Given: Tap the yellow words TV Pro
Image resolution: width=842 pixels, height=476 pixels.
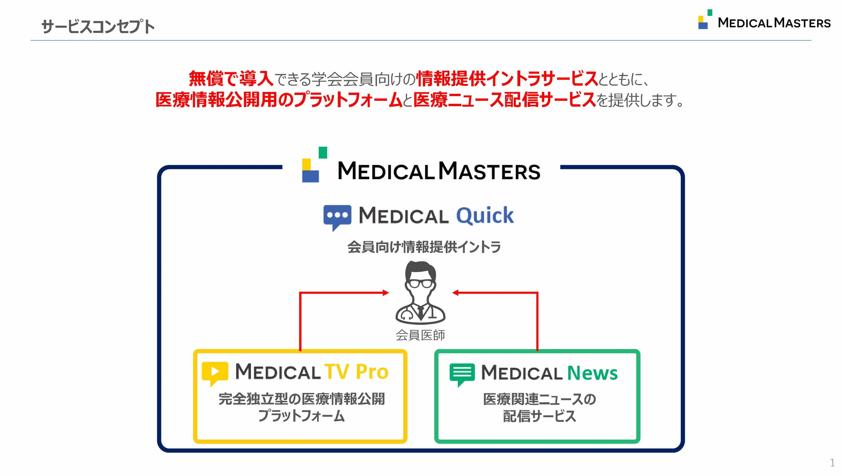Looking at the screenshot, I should click(x=356, y=372).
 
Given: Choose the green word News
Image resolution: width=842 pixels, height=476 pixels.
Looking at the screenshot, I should click(x=592, y=373).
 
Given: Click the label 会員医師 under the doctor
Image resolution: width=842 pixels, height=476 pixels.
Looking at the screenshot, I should click(x=420, y=335).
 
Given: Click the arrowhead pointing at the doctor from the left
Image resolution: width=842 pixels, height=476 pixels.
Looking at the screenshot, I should click(x=386, y=293).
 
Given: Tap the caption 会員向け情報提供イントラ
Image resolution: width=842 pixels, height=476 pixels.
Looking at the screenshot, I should click(x=424, y=247).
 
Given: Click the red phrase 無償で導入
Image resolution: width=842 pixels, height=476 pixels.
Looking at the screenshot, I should click(x=231, y=79).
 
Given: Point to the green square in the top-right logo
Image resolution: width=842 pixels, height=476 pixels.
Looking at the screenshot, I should click(x=710, y=13).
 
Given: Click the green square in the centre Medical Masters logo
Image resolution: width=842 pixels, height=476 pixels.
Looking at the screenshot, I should click(x=323, y=153).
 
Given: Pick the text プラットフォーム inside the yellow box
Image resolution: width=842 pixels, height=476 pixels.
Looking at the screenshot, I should click(x=301, y=416).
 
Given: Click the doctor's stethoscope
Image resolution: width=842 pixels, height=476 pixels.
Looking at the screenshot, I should click(x=407, y=315).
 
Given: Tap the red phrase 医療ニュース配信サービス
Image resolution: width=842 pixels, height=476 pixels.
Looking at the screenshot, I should click(x=504, y=100).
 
